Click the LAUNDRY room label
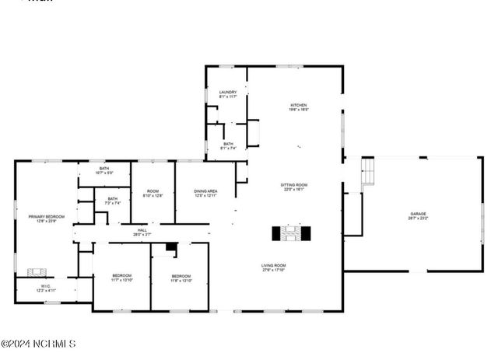coord(227,94)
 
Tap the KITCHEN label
coord(300,107)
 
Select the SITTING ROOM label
coord(294,187)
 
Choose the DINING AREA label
coord(205,193)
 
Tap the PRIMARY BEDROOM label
coord(46,218)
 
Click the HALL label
coord(142,232)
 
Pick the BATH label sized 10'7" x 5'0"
coord(104,170)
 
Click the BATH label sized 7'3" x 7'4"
coord(113,201)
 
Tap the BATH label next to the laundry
coord(228,145)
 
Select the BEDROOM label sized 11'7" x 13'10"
coord(121,278)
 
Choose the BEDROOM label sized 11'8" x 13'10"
coord(181,278)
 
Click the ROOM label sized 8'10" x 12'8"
coord(153,194)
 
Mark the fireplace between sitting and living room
coord(291,233)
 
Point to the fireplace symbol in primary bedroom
coord(37,273)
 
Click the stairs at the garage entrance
coord(366,173)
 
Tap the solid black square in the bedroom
coord(171,249)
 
